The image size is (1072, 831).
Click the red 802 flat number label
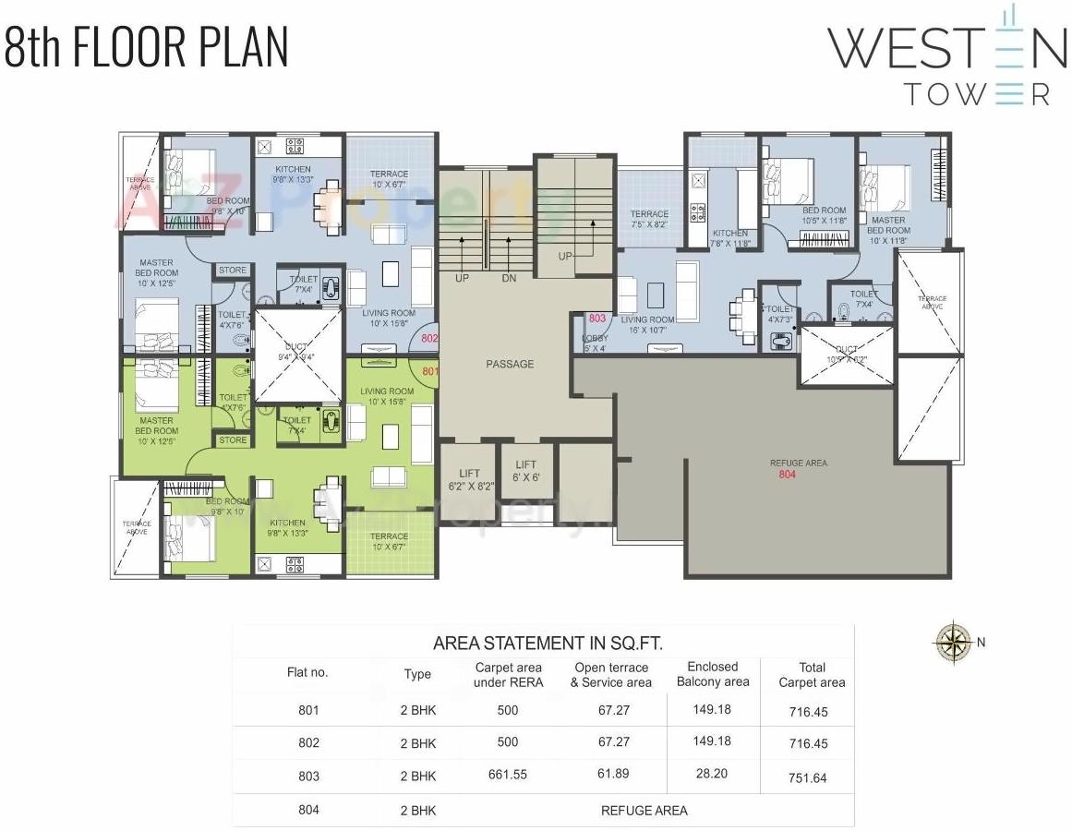429,339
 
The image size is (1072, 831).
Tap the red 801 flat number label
429,371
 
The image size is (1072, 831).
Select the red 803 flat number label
596,319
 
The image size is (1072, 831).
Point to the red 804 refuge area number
787,475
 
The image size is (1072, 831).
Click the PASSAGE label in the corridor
510,364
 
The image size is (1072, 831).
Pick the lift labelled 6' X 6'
526,471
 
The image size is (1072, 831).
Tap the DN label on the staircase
509,278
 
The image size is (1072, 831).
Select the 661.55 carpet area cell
508,775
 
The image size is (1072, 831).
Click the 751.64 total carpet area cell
807,777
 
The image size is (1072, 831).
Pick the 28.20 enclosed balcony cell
712,774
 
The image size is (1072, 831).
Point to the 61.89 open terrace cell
610,775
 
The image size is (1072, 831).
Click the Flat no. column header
307,672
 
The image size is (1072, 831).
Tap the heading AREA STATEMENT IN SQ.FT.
548,643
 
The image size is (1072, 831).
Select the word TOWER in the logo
976,94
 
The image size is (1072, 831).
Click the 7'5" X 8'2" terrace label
649,219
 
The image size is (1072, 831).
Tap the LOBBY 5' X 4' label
595,343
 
